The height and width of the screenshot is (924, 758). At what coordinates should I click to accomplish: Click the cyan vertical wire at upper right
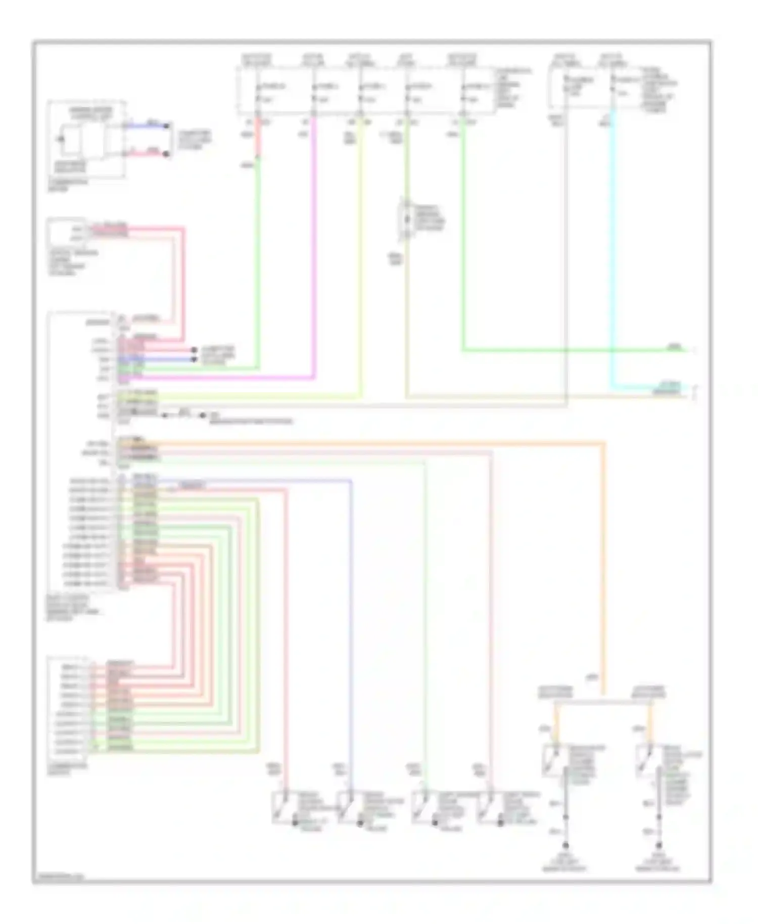click(x=612, y=253)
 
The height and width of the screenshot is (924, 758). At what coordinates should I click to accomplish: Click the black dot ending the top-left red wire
click(x=168, y=153)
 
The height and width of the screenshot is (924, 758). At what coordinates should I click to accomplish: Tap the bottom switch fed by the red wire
click(x=281, y=808)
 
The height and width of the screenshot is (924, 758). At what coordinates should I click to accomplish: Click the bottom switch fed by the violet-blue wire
click(x=347, y=808)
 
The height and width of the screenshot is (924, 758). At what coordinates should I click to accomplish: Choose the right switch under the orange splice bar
click(x=645, y=761)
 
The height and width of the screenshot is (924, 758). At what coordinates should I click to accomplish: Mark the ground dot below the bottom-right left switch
click(x=565, y=845)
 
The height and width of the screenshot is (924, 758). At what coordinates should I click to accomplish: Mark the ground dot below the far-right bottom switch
click(x=659, y=845)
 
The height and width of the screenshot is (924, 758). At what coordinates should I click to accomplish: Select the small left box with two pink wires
click(x=66, y=233)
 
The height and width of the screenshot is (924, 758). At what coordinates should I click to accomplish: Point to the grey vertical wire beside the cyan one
click(x=566, y=253)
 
